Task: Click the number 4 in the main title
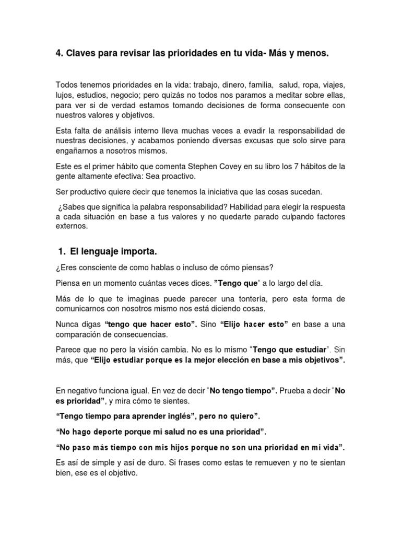pos(58,54)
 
